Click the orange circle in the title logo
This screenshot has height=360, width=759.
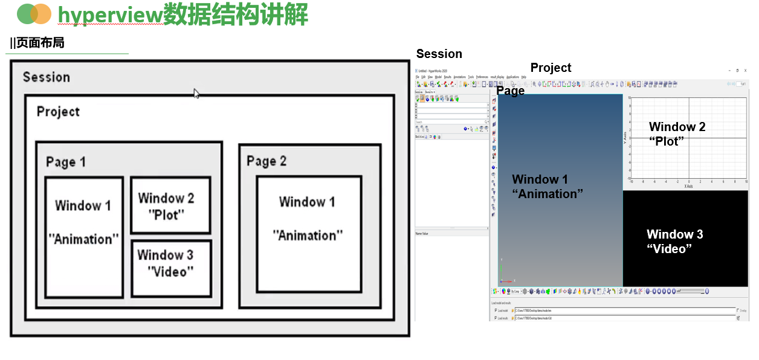point(41,13)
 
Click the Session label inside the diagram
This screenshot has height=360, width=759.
point(47,77)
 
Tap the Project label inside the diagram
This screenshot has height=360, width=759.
point(58,112)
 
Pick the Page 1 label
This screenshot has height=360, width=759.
point(66,162)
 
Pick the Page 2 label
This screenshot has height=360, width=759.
point(266,161)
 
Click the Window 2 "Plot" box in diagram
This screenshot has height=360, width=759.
point(170,205)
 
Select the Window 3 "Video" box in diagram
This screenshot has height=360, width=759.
point(171,268)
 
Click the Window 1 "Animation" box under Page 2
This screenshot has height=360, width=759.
point(308,233)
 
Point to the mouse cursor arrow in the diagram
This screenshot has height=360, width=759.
point(196,94)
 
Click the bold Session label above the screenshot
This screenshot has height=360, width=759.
point(439,54)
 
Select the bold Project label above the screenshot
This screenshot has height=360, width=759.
point(551,68)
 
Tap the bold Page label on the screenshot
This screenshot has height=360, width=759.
point(510,91)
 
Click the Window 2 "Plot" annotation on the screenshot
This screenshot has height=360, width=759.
point(677,133)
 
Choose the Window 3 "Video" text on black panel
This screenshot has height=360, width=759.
point(674,241)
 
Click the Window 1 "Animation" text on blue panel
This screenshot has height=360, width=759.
point(547,186)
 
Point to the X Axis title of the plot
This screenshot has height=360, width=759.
point(688,187)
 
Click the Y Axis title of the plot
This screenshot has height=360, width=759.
point(625,138)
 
